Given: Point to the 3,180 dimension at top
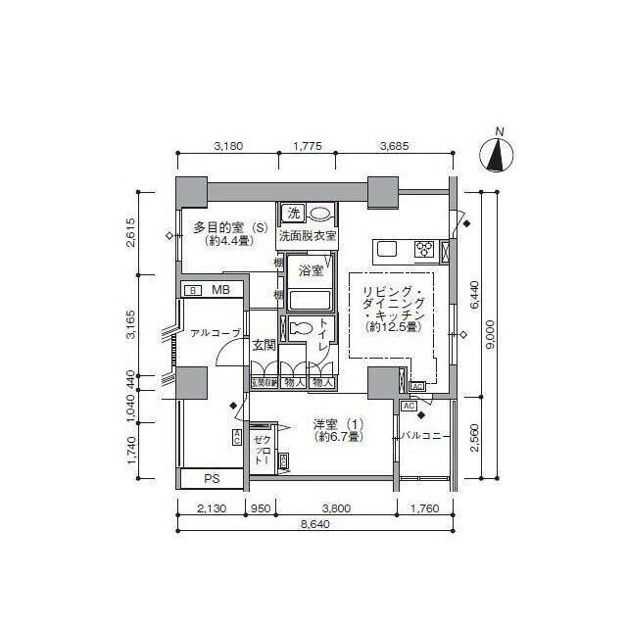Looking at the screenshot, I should pos(228,146).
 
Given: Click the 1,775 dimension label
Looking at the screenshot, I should pos(308,146).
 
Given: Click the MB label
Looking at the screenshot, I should pos(220,290).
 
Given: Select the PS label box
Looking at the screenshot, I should pos(212,479).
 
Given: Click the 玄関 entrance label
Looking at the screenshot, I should pos(264,345).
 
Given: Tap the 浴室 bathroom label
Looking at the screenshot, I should pos(312,270).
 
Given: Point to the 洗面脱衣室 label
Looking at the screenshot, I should pos(308,236).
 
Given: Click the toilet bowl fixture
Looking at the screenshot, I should pos(303,328).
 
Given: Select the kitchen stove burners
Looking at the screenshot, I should pos(425,248).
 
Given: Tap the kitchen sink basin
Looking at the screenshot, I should pos(385,248).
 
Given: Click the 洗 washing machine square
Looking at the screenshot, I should pos(292,213).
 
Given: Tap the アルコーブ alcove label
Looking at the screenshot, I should pos(215,333).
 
